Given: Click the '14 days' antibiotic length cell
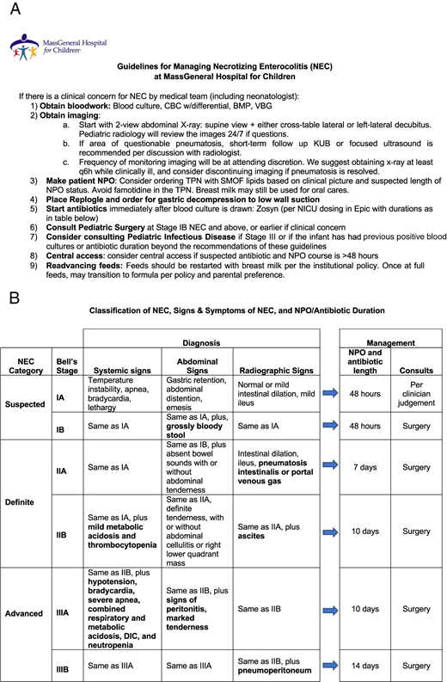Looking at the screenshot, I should tap(360, 664).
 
